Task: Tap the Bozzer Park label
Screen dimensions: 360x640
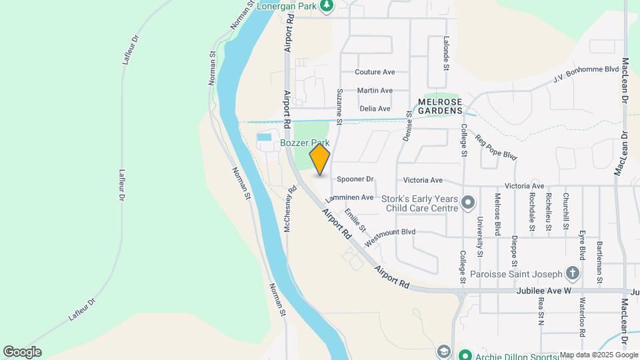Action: tap(305, 143)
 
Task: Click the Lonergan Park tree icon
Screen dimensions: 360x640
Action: tap(326, 7)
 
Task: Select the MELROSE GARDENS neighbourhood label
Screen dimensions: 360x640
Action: tap(440, 105)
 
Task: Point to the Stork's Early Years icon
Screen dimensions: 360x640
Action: tap(468, 201)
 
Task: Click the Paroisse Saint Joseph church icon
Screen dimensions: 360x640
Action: tap(572, 273)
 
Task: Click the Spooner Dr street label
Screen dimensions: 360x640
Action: tap(355, 179)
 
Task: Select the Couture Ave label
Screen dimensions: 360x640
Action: tap(375, 72)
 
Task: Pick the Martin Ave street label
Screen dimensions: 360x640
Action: tap(375, 90)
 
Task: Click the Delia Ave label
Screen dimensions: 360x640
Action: tap(375, 108)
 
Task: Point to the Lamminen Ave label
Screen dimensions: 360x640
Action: tap(349, 197)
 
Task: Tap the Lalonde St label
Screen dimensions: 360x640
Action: tap(447, 53)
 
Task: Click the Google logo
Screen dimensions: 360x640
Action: tap(22, 351)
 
